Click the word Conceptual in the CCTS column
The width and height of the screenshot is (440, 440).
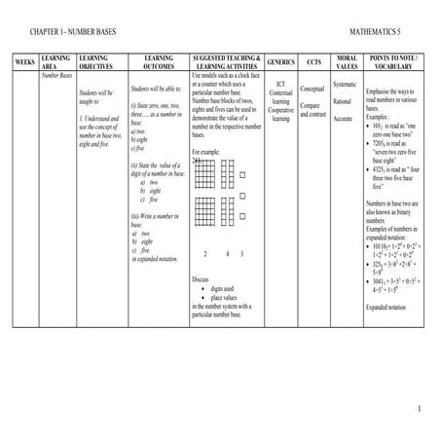(x=312, y=88)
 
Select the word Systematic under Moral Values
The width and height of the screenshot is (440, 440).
(x=347, y=84)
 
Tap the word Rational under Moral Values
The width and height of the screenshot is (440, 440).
(x=343, y=101)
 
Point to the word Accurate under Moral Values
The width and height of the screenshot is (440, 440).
(x=344, y=118)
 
